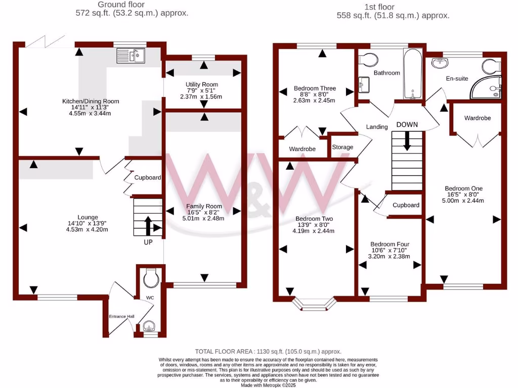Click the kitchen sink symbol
click(x=131, y=55)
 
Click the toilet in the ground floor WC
click(x=151, y=277)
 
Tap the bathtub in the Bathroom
click(x=413, y=74)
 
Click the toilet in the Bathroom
click(x=368, y=60)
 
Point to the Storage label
click(x=343, y=147)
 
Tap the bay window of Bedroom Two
click(x=315, y=303)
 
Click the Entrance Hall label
click(x=122, y=316)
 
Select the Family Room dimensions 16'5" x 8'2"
click(x=204, y=212)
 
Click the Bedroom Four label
click(x=390, y=244)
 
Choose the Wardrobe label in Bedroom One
click(x=478, y=118)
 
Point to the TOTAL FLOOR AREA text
click(x=268, y=351)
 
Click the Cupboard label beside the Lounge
click(x=147, y=178)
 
